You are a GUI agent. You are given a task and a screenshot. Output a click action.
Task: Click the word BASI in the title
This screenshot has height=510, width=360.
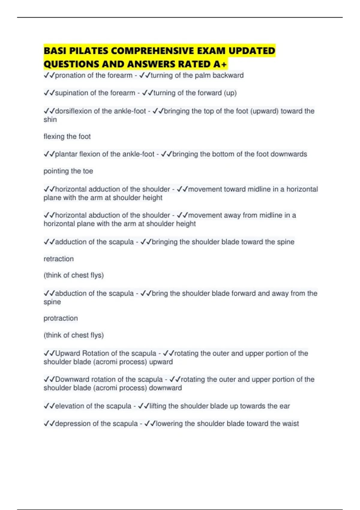55,51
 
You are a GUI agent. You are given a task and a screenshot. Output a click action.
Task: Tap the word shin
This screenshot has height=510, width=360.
50,120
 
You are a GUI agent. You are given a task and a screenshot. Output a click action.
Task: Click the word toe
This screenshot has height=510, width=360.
88,171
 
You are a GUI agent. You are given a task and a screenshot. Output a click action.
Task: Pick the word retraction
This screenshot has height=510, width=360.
58,259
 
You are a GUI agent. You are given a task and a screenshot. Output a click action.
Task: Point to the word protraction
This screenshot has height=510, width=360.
61,318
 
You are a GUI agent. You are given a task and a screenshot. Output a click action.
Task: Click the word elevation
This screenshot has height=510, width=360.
70,406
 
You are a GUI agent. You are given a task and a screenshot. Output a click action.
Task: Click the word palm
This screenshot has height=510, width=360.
203,75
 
